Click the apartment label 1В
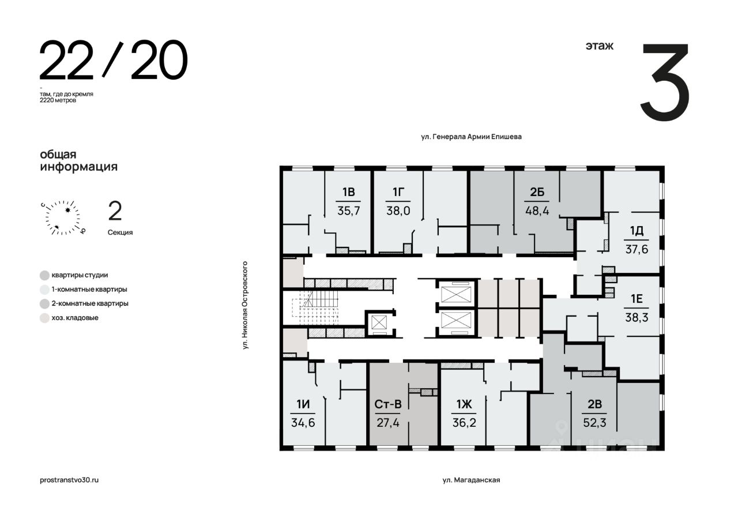348,192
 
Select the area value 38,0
398,211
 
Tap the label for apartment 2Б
537,192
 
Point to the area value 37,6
637,249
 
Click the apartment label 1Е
637,299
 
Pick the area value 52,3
594,422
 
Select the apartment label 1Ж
464,404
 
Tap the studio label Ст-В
388,404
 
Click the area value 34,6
303,422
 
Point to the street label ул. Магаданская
471,480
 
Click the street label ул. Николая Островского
245,305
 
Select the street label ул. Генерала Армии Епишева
471,137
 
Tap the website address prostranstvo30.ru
69,480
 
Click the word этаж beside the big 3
599,46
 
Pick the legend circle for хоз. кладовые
44,318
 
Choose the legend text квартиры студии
80,275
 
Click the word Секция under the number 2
121,232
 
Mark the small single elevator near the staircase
379,322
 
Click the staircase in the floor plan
315,307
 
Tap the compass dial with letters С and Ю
63,217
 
